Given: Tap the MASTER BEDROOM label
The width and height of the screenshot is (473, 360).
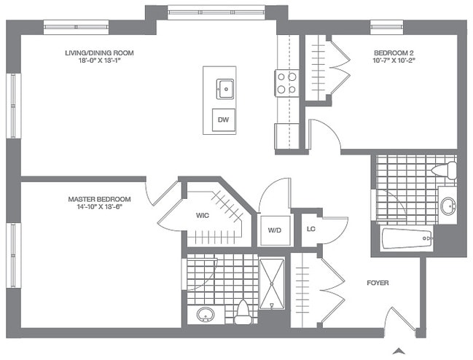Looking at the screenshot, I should [99, 199].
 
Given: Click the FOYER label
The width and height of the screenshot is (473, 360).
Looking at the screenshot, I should [378, 282].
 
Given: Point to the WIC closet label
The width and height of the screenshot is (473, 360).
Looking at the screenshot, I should [203, 216].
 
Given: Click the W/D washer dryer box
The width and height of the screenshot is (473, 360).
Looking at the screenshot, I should [274, 230].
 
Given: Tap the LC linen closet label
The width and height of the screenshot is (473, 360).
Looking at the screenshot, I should [310, 229].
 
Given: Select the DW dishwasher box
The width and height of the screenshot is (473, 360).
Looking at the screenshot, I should [224, 120].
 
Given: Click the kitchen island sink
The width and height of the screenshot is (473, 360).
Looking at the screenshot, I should [224, 90].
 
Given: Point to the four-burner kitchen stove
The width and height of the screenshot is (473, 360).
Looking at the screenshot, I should [286, 83].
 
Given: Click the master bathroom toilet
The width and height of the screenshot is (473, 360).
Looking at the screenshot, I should [242, 312].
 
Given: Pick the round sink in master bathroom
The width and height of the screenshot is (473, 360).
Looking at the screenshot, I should [206, 316].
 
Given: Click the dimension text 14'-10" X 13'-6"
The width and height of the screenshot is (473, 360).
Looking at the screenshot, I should [99, 208].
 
